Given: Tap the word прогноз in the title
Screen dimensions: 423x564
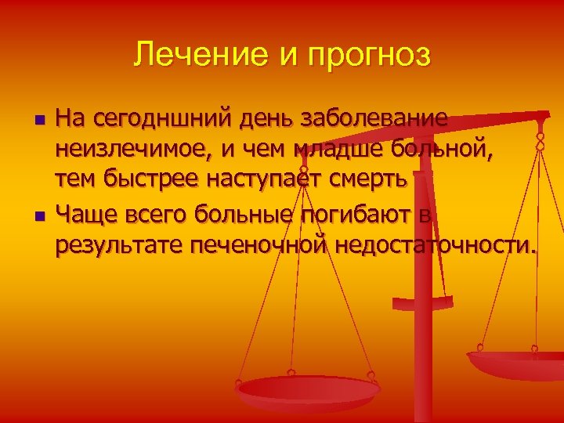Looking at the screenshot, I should pos(367,56).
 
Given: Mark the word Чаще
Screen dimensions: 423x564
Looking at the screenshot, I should pos(86,213).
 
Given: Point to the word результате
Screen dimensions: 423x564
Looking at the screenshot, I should pos(117,244).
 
